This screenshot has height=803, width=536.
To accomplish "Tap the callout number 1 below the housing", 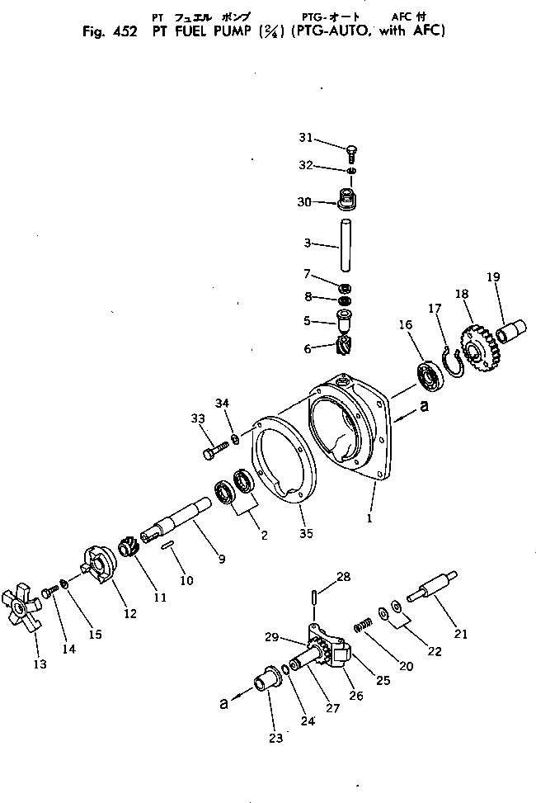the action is tap(369, 519).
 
